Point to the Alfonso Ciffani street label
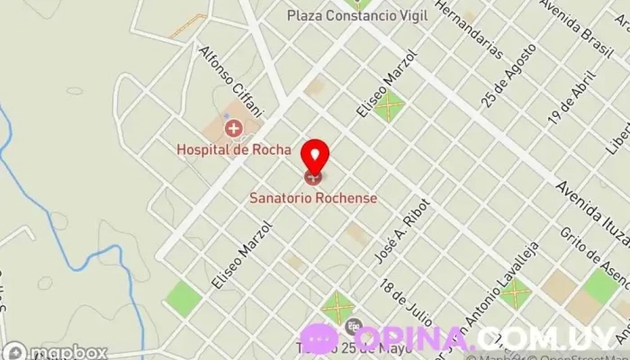pos(230,82)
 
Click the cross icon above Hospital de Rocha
pos(233,130)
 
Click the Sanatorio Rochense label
pos(313,197)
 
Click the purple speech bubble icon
pos(319,338)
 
